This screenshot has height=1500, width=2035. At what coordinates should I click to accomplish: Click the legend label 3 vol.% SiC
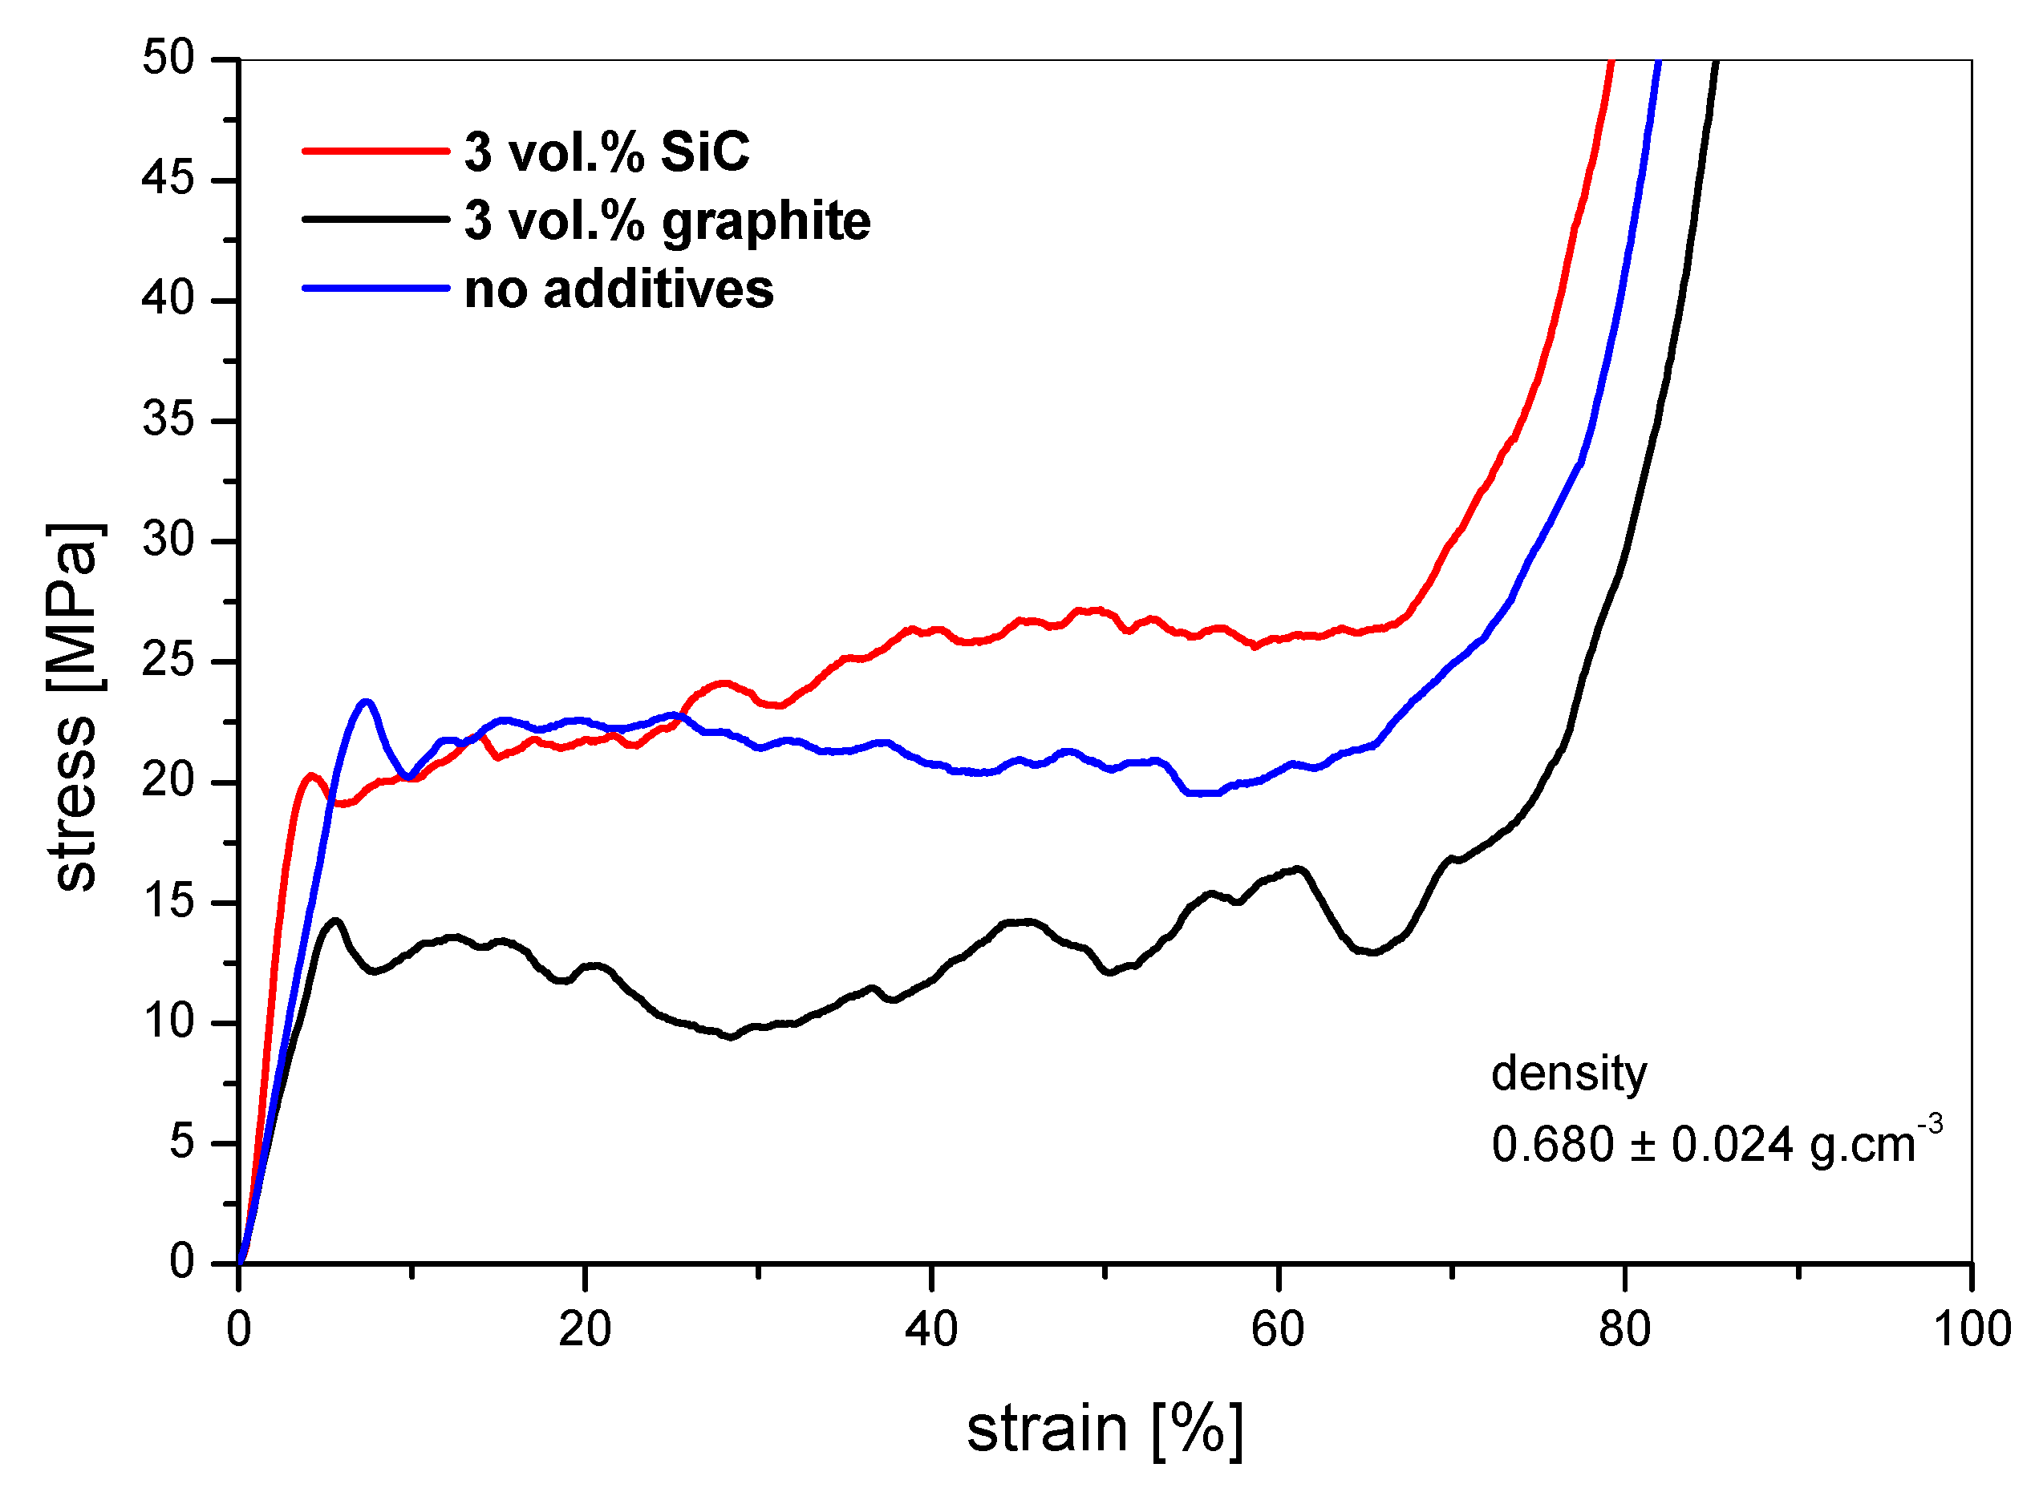coord(607,152)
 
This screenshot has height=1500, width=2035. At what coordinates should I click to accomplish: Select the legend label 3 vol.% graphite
coord(667,220)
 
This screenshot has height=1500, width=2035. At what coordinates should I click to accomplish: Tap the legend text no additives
coord(618,289)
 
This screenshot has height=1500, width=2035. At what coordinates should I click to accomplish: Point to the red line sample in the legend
coord(375,151)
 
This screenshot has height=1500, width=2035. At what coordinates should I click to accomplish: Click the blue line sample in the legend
coord(375,289)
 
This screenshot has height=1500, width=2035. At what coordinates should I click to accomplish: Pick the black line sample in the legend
coord(375,219)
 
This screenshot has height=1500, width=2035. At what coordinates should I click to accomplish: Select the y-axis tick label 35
coord(169,419)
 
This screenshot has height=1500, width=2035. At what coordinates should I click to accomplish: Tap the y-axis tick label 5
coord(182,1142)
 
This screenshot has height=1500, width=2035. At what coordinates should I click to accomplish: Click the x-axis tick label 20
coord(584,1329)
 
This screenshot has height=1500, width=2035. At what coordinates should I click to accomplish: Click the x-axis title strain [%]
coord(1105,1429)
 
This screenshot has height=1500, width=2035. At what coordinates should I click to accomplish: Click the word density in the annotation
coord(1568,1073)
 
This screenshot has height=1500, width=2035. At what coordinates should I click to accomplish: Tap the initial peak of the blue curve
coord(366,701)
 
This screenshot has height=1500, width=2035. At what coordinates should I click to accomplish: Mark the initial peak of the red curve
coord(310,775)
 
